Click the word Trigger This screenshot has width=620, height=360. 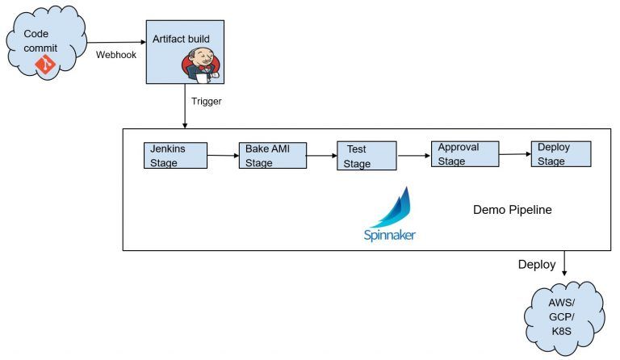pos(207,101)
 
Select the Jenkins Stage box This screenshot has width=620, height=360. pos(175,156)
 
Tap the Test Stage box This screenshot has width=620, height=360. pos(367,157)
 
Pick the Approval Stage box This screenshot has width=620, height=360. pos(464,154)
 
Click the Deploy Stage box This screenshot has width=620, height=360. pos(560,154)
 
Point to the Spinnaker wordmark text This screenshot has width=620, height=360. pos(390,237)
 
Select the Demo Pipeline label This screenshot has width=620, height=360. pos(513,210)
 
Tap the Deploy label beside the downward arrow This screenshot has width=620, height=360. pos(537,265)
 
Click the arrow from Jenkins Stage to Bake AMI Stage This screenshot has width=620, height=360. pos(223,156)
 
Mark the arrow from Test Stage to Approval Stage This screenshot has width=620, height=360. pos(414,156)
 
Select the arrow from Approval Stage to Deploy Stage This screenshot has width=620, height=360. pos(514,154)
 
